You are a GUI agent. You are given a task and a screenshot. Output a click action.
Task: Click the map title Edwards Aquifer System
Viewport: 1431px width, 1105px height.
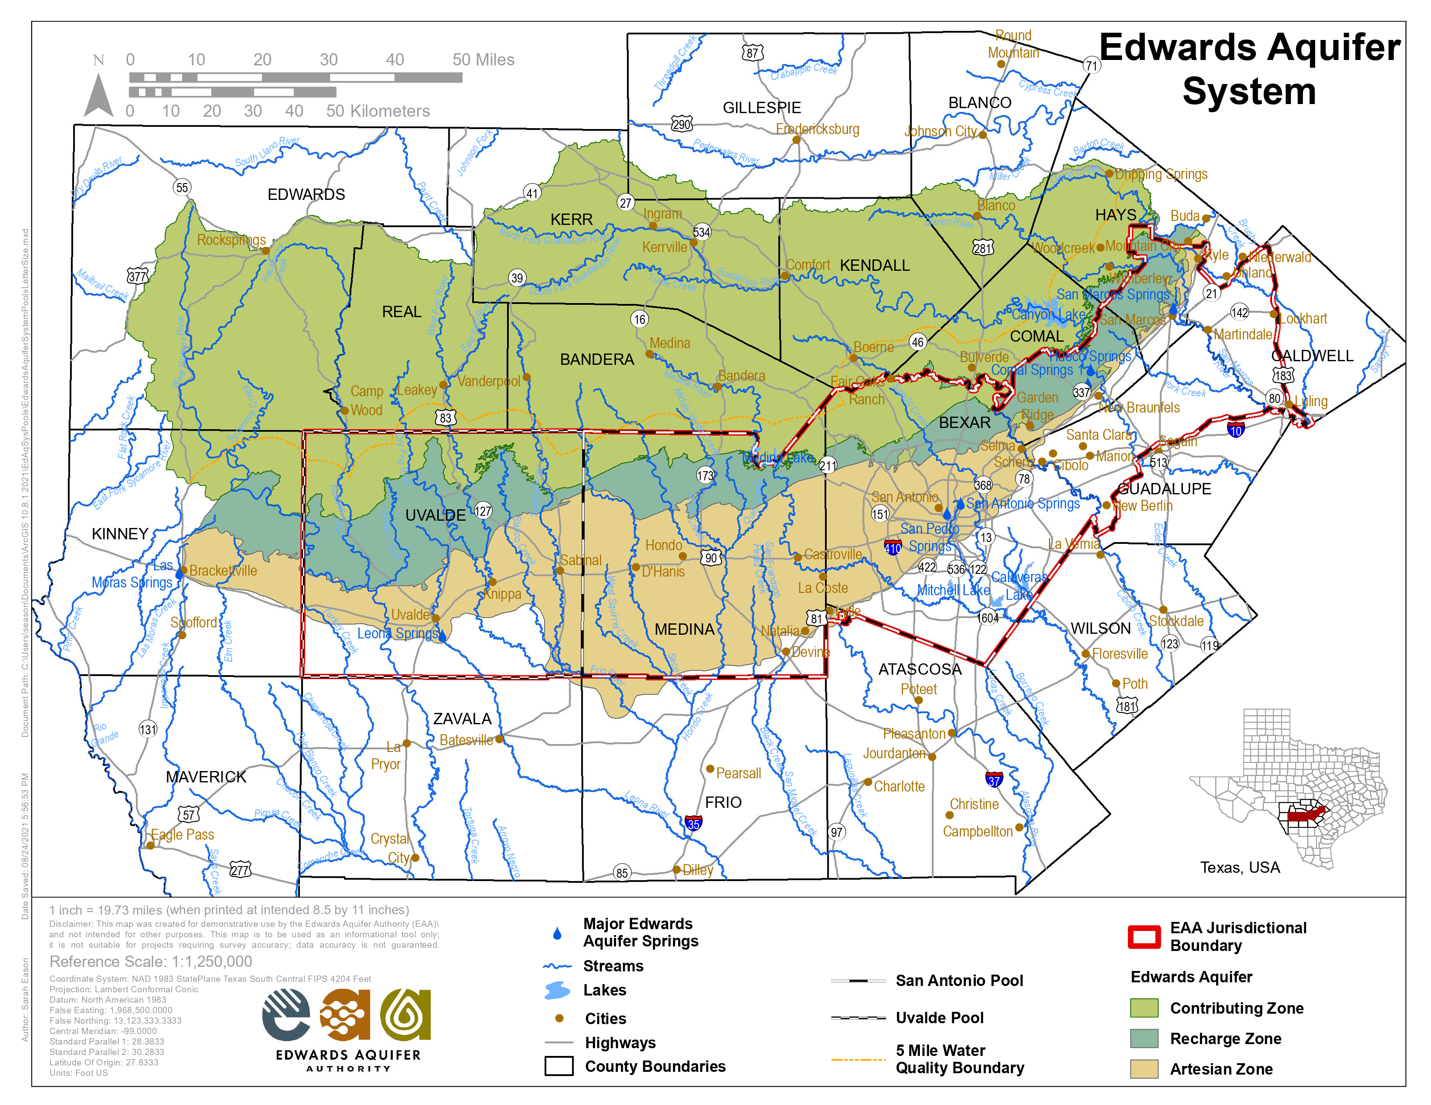[1249, 69]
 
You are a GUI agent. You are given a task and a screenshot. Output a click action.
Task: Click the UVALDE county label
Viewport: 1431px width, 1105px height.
[435, 515]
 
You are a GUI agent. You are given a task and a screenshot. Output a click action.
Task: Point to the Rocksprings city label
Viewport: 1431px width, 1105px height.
[231, 240]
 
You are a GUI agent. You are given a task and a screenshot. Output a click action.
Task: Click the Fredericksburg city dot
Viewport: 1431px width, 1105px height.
[796, 139]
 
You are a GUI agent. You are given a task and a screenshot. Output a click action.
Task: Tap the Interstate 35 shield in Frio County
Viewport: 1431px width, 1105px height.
[693, 823]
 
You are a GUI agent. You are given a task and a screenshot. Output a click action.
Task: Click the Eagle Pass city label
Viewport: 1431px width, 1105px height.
[182, 834]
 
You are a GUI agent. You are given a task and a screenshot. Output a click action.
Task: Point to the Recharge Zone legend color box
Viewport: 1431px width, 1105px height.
[1144, 1038]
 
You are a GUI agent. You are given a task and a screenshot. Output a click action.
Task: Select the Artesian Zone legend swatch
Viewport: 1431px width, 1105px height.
[1144, 1069]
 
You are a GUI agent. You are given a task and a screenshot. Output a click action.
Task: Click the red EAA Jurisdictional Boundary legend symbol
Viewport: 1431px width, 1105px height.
[1144, 936]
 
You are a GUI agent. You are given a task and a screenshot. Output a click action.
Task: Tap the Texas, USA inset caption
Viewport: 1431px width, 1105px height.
[1240, 867]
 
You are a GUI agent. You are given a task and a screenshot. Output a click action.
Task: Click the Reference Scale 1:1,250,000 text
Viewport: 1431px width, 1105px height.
[151, 961]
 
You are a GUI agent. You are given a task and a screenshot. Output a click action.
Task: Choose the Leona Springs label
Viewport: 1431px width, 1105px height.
[397, 633]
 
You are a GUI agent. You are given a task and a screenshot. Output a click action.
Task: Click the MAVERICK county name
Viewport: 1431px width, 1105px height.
[206, 776]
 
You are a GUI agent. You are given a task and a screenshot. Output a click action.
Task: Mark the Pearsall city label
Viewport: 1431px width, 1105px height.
[738, 773]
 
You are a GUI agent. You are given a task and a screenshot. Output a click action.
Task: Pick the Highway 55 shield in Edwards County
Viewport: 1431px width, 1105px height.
[182, 188]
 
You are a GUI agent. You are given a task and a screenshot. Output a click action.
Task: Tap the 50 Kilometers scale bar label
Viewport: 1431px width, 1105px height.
[378, 111]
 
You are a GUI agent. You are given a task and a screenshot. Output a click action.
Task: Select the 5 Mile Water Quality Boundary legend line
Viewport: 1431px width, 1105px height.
[858, 1059]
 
